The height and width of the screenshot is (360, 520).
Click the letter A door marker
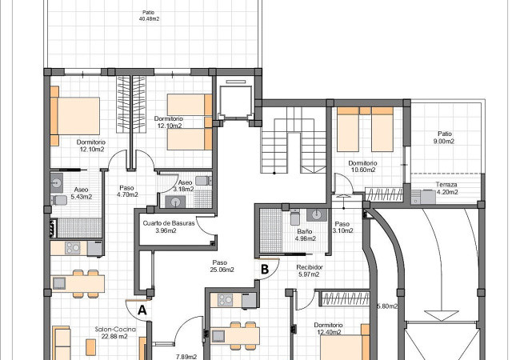click(x=142, y=310)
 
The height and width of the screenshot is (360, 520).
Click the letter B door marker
click(x=265, y=269)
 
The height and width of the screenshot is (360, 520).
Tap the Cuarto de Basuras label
click(x=169, y=226)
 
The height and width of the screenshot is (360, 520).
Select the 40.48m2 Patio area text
click(x=149, y=16)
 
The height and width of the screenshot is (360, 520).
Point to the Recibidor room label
click(x=310, y=270)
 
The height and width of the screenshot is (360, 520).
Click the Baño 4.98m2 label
click(x=305, y=235)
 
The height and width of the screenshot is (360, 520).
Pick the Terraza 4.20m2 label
click(x=446, y=188)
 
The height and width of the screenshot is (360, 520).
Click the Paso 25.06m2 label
click(x=222, y=266)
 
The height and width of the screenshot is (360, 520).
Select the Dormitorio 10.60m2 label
click(x=362, y=166)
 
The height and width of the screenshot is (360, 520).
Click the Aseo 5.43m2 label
click(x=82, y=194)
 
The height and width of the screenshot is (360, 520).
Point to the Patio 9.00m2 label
click(x=446, y=138)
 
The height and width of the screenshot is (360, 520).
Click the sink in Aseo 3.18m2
click(x=176, y=202)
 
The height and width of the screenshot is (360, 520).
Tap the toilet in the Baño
click(x=295, y=217)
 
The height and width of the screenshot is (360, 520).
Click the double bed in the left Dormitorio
click(x=75, y=116)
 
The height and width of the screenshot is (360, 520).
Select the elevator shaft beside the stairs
click(x=236, y=98)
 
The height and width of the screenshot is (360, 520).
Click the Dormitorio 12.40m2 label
click(x=328, y=329)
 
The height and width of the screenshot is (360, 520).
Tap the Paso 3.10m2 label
click(x=342, y=227)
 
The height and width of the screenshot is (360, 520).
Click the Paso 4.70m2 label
click(x=127, y=191)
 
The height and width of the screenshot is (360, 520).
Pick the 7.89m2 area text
click(x=186, y=357)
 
